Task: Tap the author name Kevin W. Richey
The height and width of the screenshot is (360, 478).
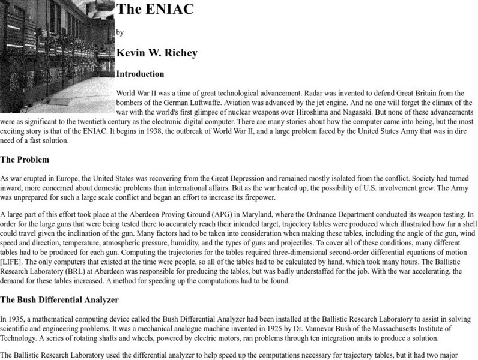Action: click(157, 53)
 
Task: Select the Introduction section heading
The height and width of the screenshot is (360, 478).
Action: click(140, 74)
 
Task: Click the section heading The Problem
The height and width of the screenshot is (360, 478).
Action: click(25, 160)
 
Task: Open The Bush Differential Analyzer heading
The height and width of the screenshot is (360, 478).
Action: click(59, 299)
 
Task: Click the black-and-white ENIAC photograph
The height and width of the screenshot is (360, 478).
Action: click(56, 48)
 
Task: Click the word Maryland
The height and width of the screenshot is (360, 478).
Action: click(258, 215)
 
